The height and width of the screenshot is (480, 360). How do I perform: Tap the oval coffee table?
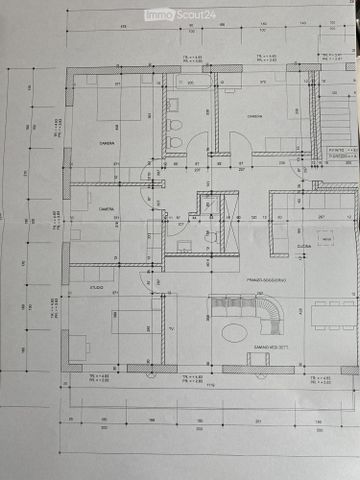235,329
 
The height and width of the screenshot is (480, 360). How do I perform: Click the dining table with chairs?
333,314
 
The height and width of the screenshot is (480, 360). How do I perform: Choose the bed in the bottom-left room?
130,320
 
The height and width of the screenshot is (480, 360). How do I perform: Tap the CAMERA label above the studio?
105,209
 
